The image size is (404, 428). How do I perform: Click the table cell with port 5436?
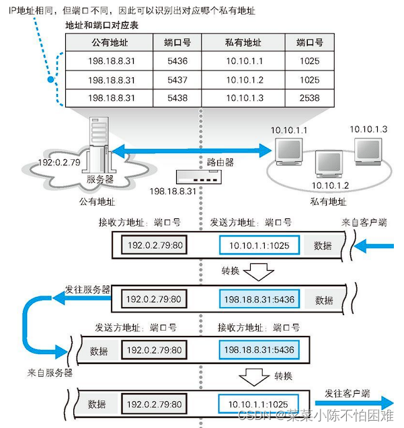pyautogui.click(x=177, y=61)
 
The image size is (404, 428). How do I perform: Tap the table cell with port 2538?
pyautogui.click(x=309, y=97)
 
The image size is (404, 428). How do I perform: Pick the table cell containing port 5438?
pyautogui.click(x=177, y=97)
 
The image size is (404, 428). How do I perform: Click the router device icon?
pyautogui.click(x=197, y=177)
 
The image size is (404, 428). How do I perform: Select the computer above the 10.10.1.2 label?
pyautogui.click(x=328, y=164)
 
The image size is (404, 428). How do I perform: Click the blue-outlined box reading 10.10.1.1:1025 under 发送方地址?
pyautogui.click(x=259, y=246)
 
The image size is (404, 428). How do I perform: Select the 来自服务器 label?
pyautogui.click(x=50, y=372)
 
